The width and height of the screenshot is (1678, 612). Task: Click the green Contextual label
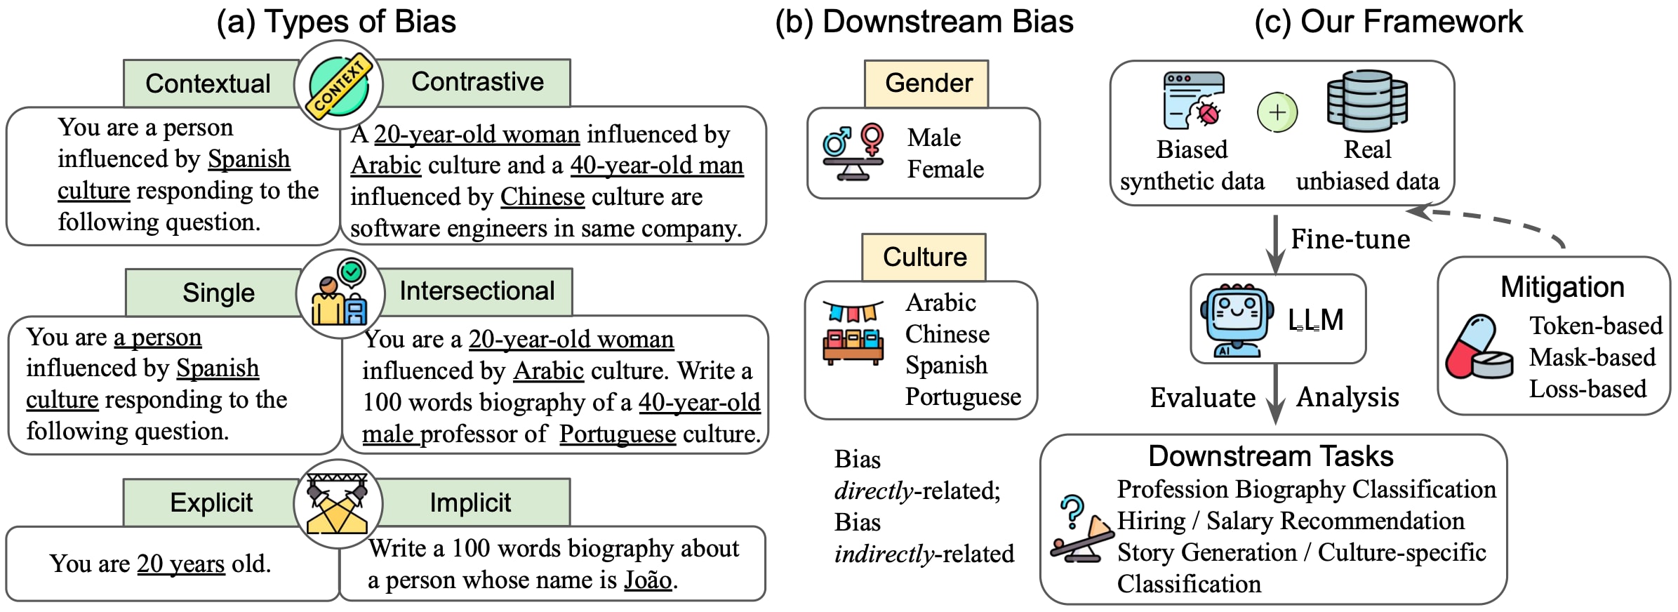[208, 84]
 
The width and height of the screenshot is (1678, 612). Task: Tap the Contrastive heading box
[477, 82]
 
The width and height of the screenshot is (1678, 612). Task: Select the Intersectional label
[477, 291]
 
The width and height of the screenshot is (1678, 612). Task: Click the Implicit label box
[470, 503]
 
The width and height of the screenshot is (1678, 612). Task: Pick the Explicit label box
[211, 503]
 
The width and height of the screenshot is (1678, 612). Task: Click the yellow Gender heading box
[926, 84]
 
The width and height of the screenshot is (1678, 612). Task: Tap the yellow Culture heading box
[924, 257]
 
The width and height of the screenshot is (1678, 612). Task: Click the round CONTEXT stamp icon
[339, 85]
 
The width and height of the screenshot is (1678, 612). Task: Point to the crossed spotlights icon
[338, 504]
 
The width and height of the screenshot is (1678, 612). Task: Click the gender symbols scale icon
[853, 152]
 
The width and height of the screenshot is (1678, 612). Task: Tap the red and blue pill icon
[1479, 347]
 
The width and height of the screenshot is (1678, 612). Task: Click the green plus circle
[1277, 112]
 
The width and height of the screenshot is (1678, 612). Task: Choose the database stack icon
[1367, 101]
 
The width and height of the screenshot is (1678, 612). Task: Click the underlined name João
[648, 579]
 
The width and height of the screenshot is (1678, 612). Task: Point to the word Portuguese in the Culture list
[963, 397]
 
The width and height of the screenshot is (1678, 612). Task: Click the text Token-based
[1596, 326]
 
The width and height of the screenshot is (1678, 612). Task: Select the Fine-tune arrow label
[1350, 239]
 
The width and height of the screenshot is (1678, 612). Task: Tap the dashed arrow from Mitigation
[1487, 220]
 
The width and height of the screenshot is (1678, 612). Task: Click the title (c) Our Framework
[1388, 22]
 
